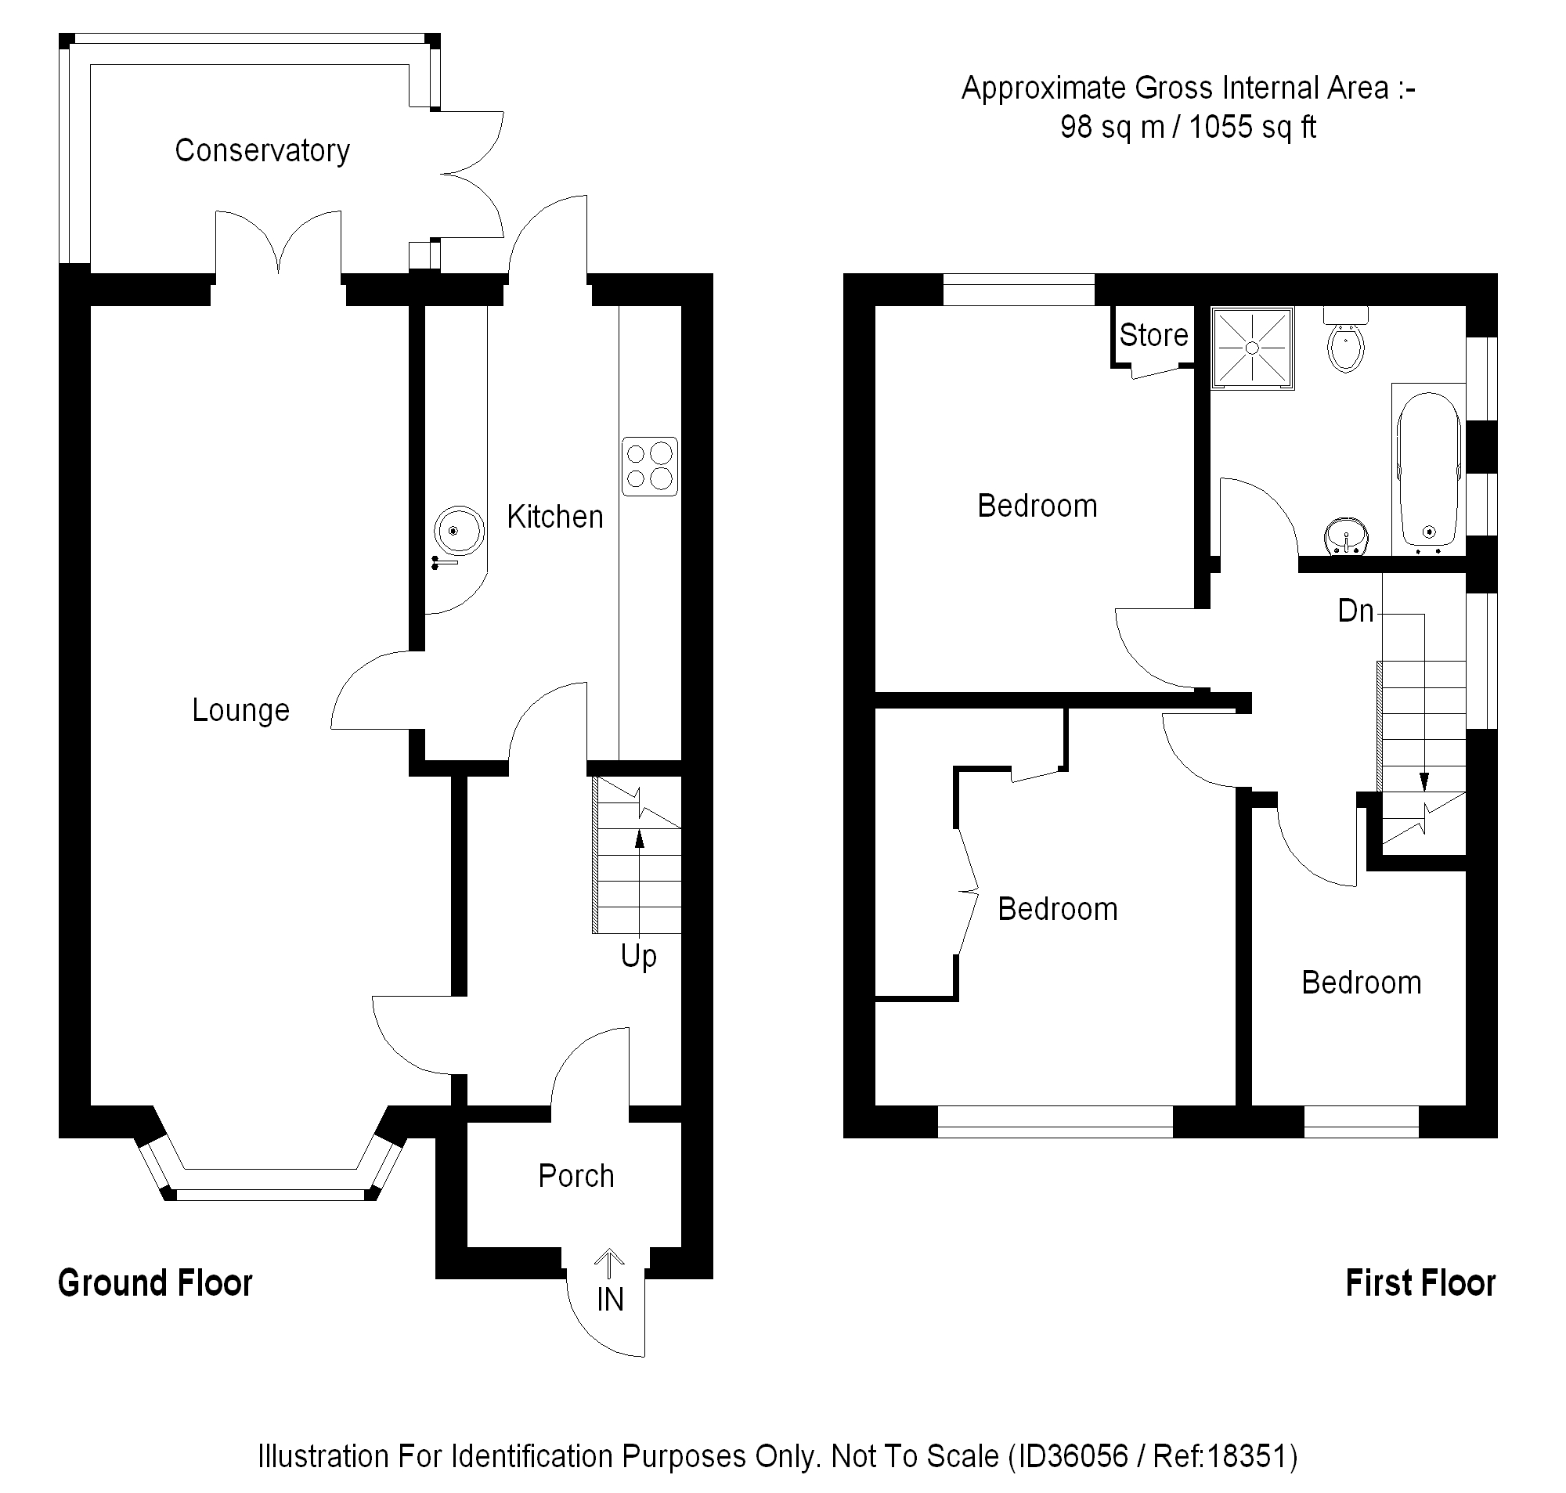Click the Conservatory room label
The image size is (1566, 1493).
262,150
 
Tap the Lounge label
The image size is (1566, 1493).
240,710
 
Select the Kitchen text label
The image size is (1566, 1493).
554,518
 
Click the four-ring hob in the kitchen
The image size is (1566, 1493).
649,467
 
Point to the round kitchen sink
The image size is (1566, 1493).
458,531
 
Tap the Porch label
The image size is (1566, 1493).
576,1176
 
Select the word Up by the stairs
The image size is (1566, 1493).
638,956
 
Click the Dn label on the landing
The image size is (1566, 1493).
1356,611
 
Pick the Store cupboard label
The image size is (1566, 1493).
1153,335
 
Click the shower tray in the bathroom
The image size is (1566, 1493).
1252,348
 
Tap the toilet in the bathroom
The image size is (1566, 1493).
1345,345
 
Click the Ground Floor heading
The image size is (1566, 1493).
155,1284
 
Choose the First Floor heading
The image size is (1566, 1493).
1420,1284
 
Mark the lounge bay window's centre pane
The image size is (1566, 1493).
271,1193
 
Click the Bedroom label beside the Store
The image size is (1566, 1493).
1037,507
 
